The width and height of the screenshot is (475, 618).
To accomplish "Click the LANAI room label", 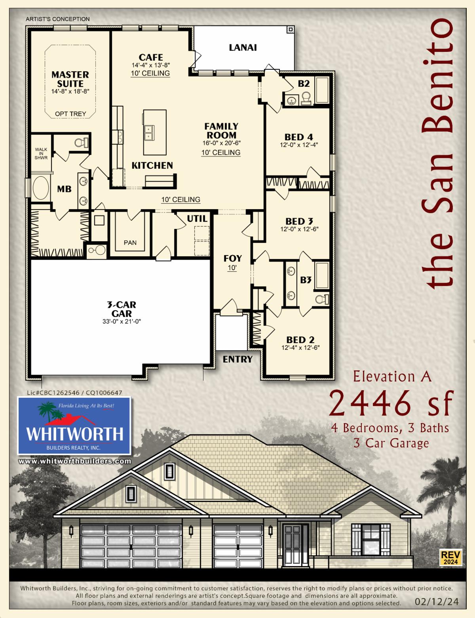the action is click(x=243, y=48).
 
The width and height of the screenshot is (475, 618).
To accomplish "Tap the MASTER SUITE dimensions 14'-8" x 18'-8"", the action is click(x=70, y=92).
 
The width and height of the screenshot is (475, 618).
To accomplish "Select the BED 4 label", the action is click(x=298, y=137).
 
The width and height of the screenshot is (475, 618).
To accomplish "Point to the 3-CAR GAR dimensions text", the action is click(x=122, y=322).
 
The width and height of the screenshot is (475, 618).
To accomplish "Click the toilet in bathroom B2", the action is click(x=306, y=98).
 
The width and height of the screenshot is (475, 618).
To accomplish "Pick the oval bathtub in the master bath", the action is click(x=41, y=188).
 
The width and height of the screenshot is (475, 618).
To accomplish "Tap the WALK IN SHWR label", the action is click(x=41, y=154).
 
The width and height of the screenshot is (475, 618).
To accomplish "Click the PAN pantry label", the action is click(x=130, y=242).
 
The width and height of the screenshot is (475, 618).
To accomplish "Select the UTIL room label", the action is click(x=197, y=219).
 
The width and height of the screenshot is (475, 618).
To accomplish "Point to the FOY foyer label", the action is click(x=233, y=258).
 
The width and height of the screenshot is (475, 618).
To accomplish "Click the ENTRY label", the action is click(x=237, y=359).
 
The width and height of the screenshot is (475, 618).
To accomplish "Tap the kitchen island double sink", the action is click(x=148, y=133).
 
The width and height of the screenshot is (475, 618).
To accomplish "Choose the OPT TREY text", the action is click(x=70, y=114).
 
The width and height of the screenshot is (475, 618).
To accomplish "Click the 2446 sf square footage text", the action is click(x=391, y=403).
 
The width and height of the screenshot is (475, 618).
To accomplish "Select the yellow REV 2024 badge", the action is click(x=450, y=557).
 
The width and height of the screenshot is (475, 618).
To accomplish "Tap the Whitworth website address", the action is click(x=75, y=461).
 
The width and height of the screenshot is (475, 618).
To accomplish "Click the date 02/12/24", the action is click(x=437, y=601).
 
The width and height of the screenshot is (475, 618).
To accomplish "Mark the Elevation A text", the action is click(x=392, y=377).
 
